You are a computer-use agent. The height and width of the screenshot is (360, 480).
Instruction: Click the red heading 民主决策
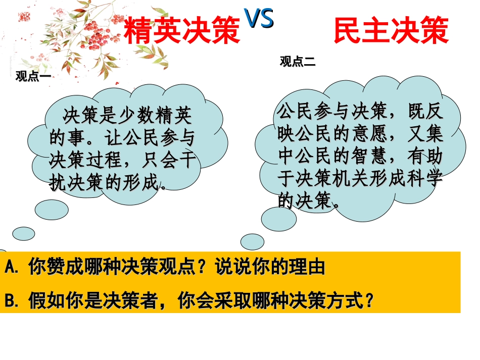(391, 31)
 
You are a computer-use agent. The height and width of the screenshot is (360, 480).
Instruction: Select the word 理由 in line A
(309, 267)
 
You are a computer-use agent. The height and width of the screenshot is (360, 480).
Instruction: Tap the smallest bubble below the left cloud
(23, 233)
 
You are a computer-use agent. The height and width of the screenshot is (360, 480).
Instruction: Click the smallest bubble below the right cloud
(252, 241)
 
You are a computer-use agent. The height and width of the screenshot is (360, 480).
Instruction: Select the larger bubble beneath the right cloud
(279, 218)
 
